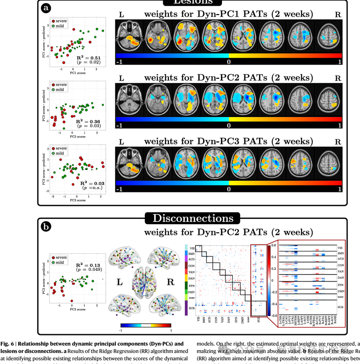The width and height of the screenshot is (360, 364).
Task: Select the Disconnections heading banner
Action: (x=192, y=218)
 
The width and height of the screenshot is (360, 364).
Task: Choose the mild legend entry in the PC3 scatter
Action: (x=60, y=154)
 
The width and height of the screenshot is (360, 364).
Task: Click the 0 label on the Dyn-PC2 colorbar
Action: (x=228, y=125)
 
